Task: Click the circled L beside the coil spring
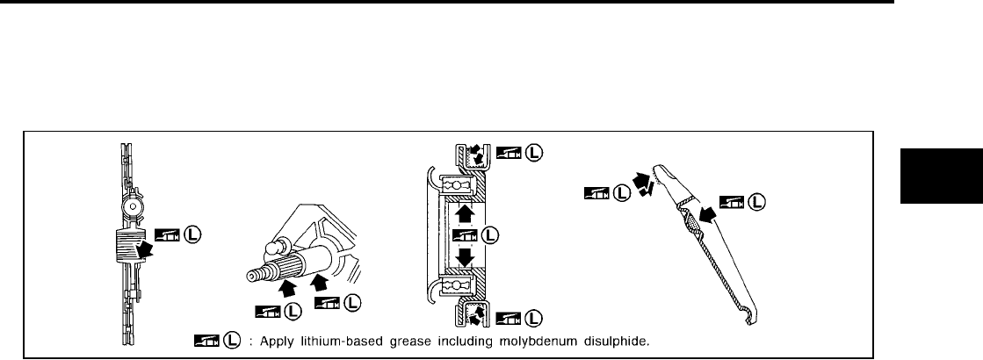pyautogui.click(x=192, y=234)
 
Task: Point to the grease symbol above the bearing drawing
pyautogui.click(x=508, y=153)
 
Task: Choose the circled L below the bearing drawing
pyautogui.click(x=532, y=318)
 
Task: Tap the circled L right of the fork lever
pyautogui.click(x=755, y=203)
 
